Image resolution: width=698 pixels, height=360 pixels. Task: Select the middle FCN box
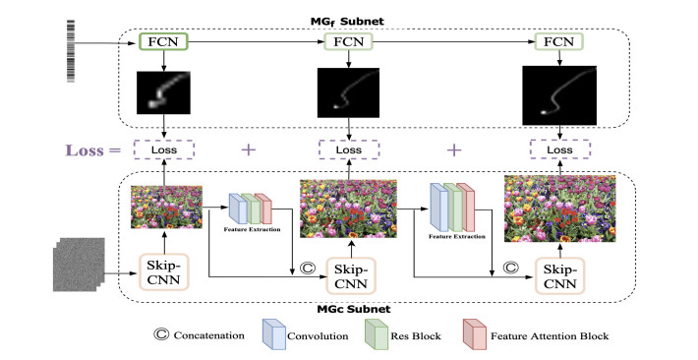347,43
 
